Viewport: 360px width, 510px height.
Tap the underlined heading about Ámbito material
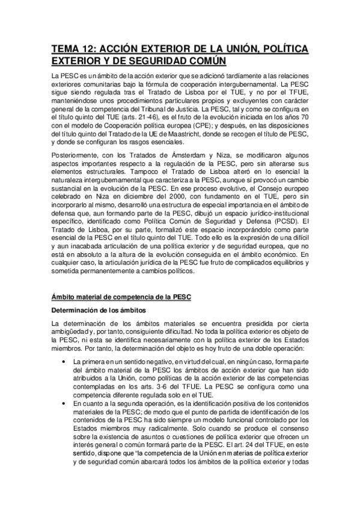coord(121,297)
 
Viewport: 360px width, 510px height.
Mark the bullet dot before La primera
coord(64,361)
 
